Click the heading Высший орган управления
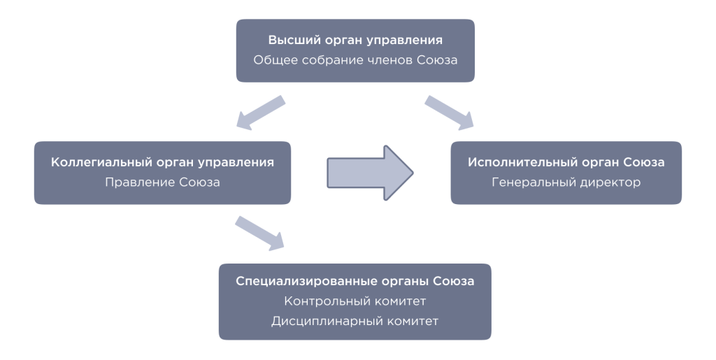[x=355, y=41]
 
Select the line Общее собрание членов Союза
[x=355, y=60]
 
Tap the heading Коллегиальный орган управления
[x=162, y=162]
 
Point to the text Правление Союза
[x=162, y=182]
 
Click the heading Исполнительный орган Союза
[x=566, y=162]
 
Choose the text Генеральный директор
[x=566, y=182]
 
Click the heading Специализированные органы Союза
[x=355, y=281]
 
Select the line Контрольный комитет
[x=355, y=301]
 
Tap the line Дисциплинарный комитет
[x=355, y=322]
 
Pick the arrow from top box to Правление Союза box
[x=261, y=113]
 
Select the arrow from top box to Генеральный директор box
[x=449, y=113]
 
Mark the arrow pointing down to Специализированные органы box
[x=260, y=233]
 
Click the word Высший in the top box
[x=289, y=41]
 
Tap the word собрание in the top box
[x=335, y=60]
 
